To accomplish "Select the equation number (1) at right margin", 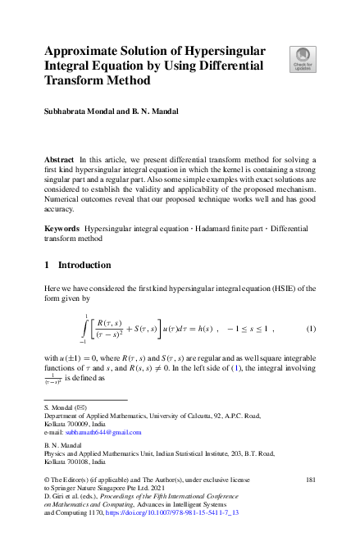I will point(311,329).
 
